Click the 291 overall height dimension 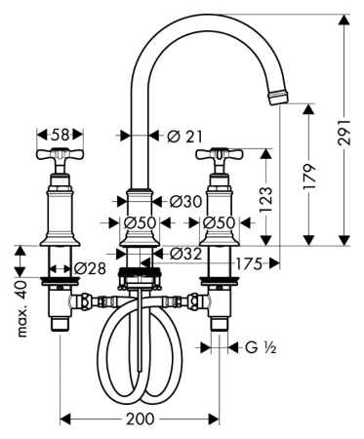[x=344, y=132]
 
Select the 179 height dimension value [x=309, y=177]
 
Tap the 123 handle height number [x=265, y=199]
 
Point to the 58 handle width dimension [x=61, y=135]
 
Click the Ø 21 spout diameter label [x=184, y=136]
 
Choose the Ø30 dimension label [x=185, y=202]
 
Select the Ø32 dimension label [x=185, y=254]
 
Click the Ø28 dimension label [x=90, y=268]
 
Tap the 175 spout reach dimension [x=249, y=263]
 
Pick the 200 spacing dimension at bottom [x=140, y=419]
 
